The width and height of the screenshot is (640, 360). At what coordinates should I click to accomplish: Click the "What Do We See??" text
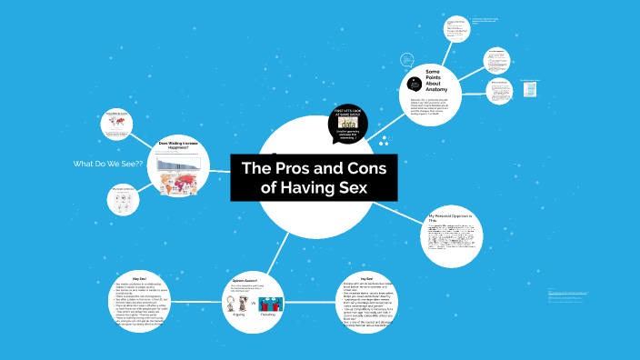108,164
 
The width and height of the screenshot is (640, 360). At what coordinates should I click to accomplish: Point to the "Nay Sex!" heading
139,279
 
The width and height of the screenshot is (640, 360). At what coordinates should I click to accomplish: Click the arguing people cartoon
238,301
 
